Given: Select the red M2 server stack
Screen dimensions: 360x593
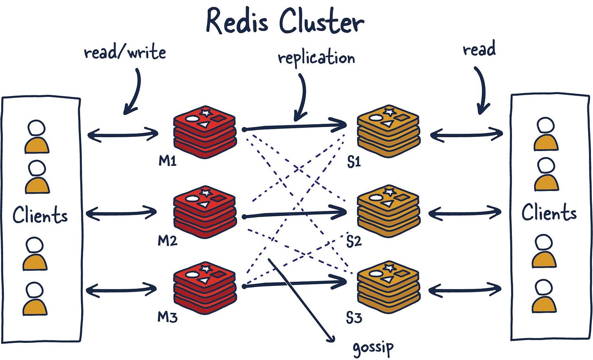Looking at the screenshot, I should [x=205, y=211].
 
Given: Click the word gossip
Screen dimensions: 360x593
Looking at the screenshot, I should [x=373, y=347].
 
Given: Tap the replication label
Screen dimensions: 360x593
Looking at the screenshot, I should [x=316, y=58].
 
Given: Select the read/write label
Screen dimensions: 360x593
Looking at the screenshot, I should [x=125, y=53].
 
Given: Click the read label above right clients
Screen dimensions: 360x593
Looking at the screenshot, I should [x=479, y=49].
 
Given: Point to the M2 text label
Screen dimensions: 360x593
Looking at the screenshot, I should [x=167, y=241].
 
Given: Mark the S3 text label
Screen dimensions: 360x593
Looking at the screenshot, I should [x=354, y=317].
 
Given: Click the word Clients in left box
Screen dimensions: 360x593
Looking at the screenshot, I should [x=40, y=215].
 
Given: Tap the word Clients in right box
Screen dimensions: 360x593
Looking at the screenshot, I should [x=549, y=213].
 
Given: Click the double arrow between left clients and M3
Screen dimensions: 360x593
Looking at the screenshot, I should [x=121, y=290].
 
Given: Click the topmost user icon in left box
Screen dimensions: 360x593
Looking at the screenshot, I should [x=37, y=137].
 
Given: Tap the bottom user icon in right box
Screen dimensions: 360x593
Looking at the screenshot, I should [x=544, y=296].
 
